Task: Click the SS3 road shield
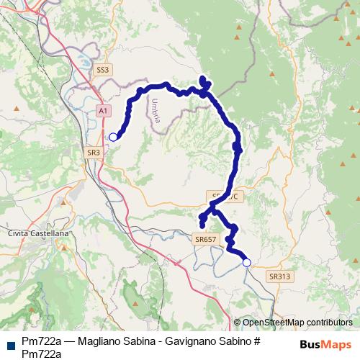tap(104, 70)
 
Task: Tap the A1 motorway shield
tap(104, 110)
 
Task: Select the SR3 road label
tap(94, 153)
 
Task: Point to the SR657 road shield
tap(205, 238)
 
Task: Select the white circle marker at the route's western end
tap(112, 136)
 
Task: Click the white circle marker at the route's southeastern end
tap(246, 263)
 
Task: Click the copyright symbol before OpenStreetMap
tap(237, 323)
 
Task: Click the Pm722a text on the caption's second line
tap(40, 353)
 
